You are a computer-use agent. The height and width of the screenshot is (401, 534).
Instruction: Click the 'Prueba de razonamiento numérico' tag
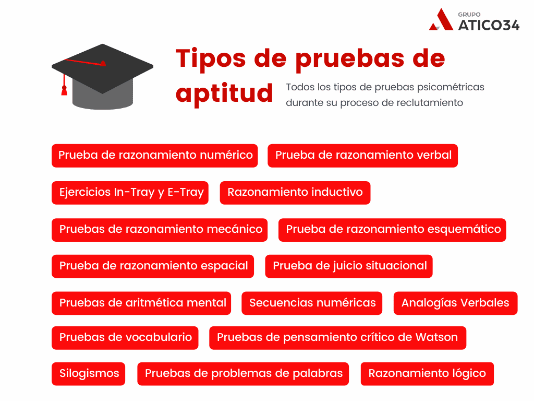coord(154,156)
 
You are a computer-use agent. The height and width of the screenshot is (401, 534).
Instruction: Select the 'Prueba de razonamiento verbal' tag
coord(363,156)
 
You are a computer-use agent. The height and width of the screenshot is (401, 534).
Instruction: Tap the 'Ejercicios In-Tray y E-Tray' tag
coord(130,193)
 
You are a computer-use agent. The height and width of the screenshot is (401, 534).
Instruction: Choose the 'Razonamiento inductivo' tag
coord(295,193)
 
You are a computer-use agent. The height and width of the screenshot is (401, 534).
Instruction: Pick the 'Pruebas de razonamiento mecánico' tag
coord(160,230)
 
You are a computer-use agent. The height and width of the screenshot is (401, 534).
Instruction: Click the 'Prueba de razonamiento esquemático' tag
coord(392,230)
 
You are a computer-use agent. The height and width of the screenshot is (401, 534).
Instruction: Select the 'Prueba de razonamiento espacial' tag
coord(153,266)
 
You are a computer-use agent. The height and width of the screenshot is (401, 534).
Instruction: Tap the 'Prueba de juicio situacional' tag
coord(349,266)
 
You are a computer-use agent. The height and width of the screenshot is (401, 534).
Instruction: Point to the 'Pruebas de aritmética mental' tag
coord(141,303)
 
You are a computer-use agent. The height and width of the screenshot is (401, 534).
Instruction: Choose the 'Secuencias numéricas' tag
coord(312,303)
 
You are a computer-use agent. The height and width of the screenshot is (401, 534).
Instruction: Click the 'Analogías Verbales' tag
coord(456,303)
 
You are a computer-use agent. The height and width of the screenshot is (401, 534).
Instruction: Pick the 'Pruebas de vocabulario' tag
coord(125,338)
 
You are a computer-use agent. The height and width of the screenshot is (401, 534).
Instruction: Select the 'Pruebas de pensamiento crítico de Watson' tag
coord(337,338)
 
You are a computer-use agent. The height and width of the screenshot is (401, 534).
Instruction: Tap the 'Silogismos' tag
coord(89,374)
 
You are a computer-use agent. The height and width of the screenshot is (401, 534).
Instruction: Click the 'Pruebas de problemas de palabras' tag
coord(243,374)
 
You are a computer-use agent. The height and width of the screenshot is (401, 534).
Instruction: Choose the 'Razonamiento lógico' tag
coord(427,374)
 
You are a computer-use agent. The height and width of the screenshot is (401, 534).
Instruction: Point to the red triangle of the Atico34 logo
coord(441,20)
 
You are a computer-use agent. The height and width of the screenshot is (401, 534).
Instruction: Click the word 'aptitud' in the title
coord(224,93)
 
